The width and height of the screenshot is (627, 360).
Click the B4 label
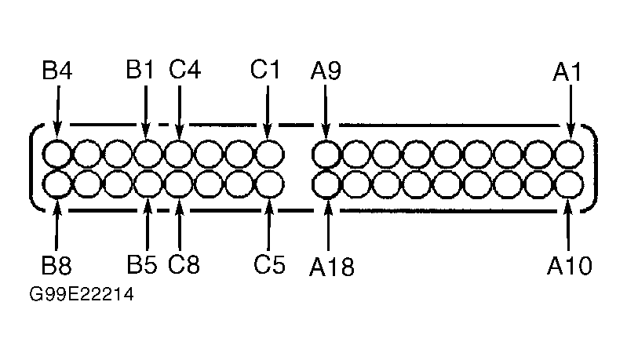[57, 71]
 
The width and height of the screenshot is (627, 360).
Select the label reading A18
[331, 267]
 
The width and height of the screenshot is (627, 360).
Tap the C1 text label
[265, 69]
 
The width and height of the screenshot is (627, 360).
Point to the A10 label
[570, 265]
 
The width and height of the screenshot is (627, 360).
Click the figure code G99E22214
[82, 294]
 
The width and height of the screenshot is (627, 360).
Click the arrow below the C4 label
[180, 112]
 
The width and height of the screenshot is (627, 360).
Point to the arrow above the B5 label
[148, 224]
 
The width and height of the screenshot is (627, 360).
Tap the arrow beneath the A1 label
[570, 112]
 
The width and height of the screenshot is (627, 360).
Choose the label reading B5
[142, 264]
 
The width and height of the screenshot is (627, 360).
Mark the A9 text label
[326, 71]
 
